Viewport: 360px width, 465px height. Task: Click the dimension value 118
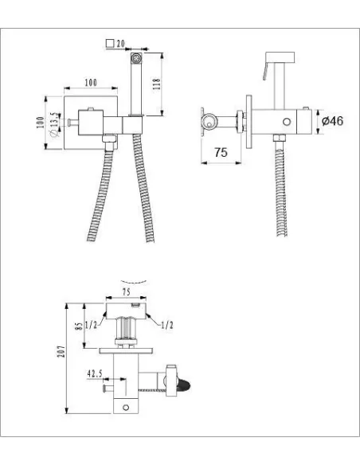[x=157, y=84]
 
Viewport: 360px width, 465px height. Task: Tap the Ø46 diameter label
[x=332, y=121]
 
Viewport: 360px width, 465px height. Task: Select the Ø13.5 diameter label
[x=54, y=124]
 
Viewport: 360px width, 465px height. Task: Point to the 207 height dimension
[x=61, y=351]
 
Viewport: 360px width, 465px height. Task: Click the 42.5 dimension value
[x=95, y=373]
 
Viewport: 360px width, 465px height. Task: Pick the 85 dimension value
[x=79, y=326]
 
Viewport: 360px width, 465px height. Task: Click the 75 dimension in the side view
[x=221, y=152]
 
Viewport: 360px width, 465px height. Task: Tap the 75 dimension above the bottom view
[x=126, y=292]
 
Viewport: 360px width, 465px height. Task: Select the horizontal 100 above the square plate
[x=91, y=83]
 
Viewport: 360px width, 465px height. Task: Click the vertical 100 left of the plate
[x=40, y=122]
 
